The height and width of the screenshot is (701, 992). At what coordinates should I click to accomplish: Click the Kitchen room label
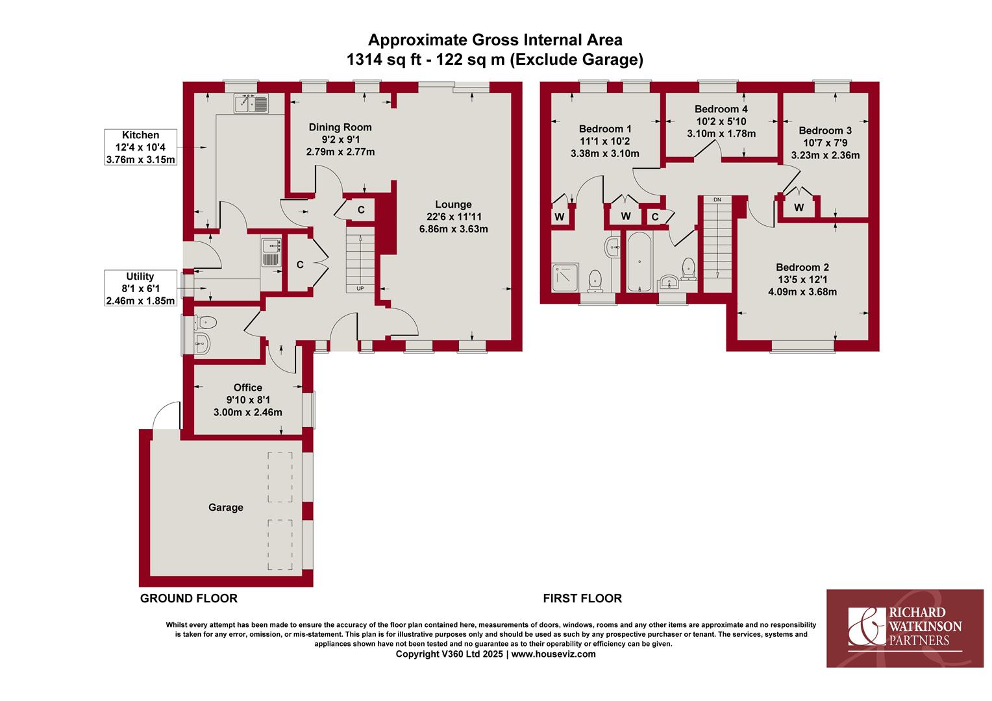click(140, 135)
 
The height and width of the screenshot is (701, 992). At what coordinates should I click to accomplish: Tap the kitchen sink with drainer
click(251, 104)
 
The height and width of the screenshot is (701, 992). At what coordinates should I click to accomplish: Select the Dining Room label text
click(340, 127)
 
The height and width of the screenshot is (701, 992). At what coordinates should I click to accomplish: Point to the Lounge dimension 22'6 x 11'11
click(454, 217)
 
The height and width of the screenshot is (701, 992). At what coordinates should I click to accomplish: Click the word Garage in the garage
click(226, 508)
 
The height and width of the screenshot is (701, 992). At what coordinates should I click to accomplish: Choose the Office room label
click(248, 387)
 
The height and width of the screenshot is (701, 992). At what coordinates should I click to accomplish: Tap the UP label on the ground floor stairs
click(360, 289)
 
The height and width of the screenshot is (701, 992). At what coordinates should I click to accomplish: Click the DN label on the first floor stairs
click(717, 200)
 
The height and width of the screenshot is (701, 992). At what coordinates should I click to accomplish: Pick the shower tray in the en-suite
click(565, 277)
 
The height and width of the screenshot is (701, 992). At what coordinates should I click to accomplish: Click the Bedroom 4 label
click(721, 109)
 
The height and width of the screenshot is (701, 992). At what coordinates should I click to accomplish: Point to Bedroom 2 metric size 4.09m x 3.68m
click(802, 292)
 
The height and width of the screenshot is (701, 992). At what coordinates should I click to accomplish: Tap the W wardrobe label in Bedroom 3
click(799, 207)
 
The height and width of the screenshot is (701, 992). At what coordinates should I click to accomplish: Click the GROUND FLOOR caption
click(189, 598)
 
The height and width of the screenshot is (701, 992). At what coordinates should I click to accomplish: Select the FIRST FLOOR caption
click(582, 598)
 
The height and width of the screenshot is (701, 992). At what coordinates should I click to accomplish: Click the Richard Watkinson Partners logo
click(905, 628)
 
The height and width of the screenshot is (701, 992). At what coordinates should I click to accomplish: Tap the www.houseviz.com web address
click(554, 654)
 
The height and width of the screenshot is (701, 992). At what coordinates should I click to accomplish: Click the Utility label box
click(140, 288)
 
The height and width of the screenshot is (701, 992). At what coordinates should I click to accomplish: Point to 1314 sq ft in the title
click(384, 59)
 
